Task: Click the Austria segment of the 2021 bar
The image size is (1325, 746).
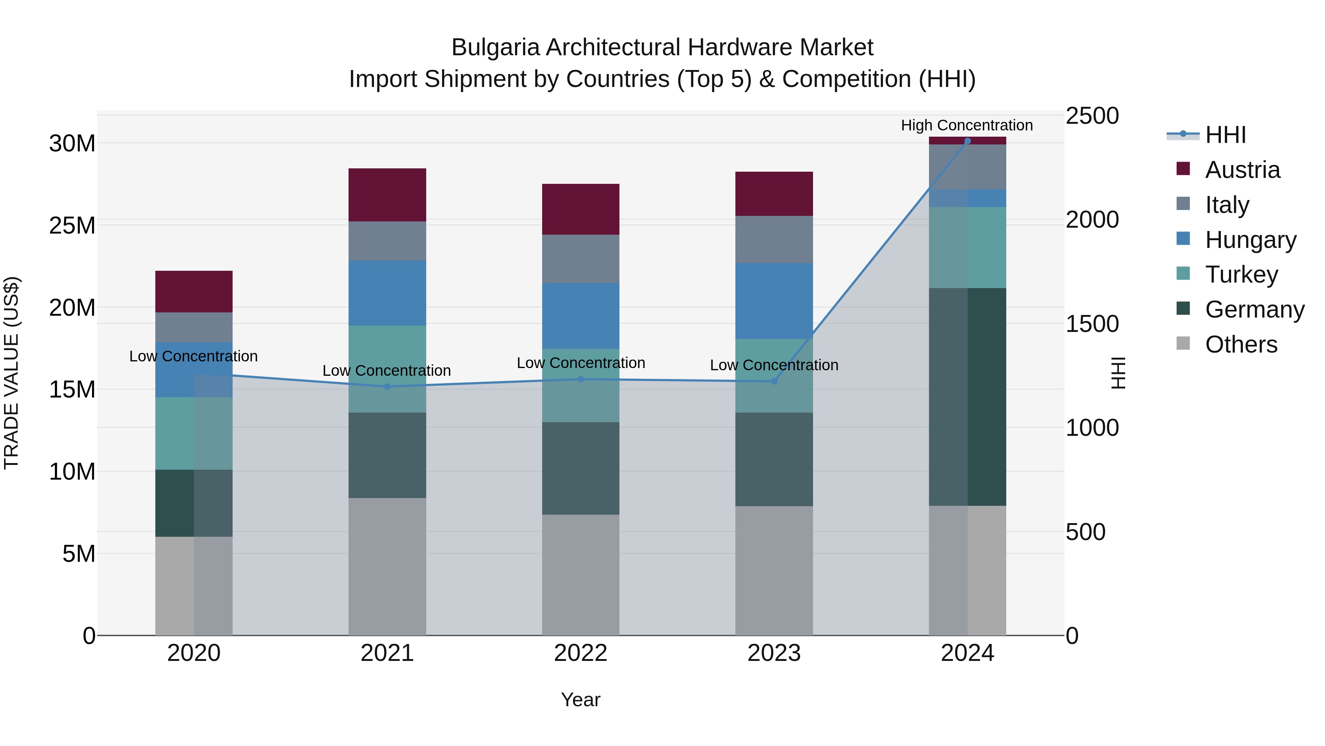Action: click(x=387, y=195)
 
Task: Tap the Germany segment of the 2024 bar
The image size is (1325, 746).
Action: click(x=967, y=396)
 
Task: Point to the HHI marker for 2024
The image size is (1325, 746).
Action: click(x=967, y=141)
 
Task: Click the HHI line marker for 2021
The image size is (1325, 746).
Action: click(x=387, y=386)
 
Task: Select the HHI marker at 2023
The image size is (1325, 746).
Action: click(x=774, y=381)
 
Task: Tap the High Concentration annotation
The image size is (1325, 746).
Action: click(x=966, y=125)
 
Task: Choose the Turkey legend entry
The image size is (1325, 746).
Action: click(x=1241, y=274)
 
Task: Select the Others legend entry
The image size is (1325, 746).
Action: click(x=1241, y=344)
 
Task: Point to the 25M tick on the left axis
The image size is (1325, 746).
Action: click(x=72, y=225)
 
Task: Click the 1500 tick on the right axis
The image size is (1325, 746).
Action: click(x=1092, y=324)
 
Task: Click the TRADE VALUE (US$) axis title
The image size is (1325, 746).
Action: click(x=11, y=373)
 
